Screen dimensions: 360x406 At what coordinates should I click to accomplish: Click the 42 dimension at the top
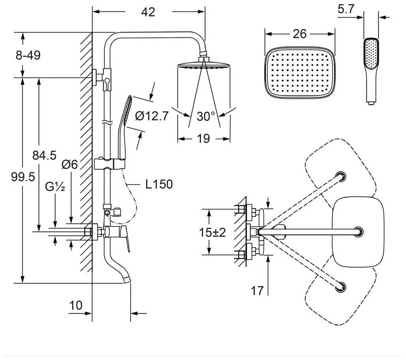[x=148, y=12]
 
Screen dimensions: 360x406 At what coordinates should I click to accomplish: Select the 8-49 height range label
[x=28, y=55]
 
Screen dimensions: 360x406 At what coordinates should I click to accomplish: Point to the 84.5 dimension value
[x=44, y=156]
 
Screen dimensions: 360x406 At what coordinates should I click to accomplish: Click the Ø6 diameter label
[x=70, y=165]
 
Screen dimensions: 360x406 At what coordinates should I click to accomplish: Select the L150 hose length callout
[x=159, y=184]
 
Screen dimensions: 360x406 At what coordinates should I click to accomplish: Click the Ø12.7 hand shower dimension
[x=152, y=116]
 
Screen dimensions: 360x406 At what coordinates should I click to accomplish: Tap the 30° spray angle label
[x=206, y=116]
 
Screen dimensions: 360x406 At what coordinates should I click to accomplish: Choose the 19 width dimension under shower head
[x=203, y=139]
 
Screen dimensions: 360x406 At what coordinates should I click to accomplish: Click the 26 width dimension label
[x=300, y=34]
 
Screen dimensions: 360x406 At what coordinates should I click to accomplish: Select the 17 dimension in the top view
[x=257, y=291]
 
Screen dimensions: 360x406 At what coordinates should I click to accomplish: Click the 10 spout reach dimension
[x=76, y=305]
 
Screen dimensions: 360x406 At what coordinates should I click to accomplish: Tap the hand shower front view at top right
[x=370, y=69]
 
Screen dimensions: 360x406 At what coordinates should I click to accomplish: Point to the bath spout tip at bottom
[x=126, y=279]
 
